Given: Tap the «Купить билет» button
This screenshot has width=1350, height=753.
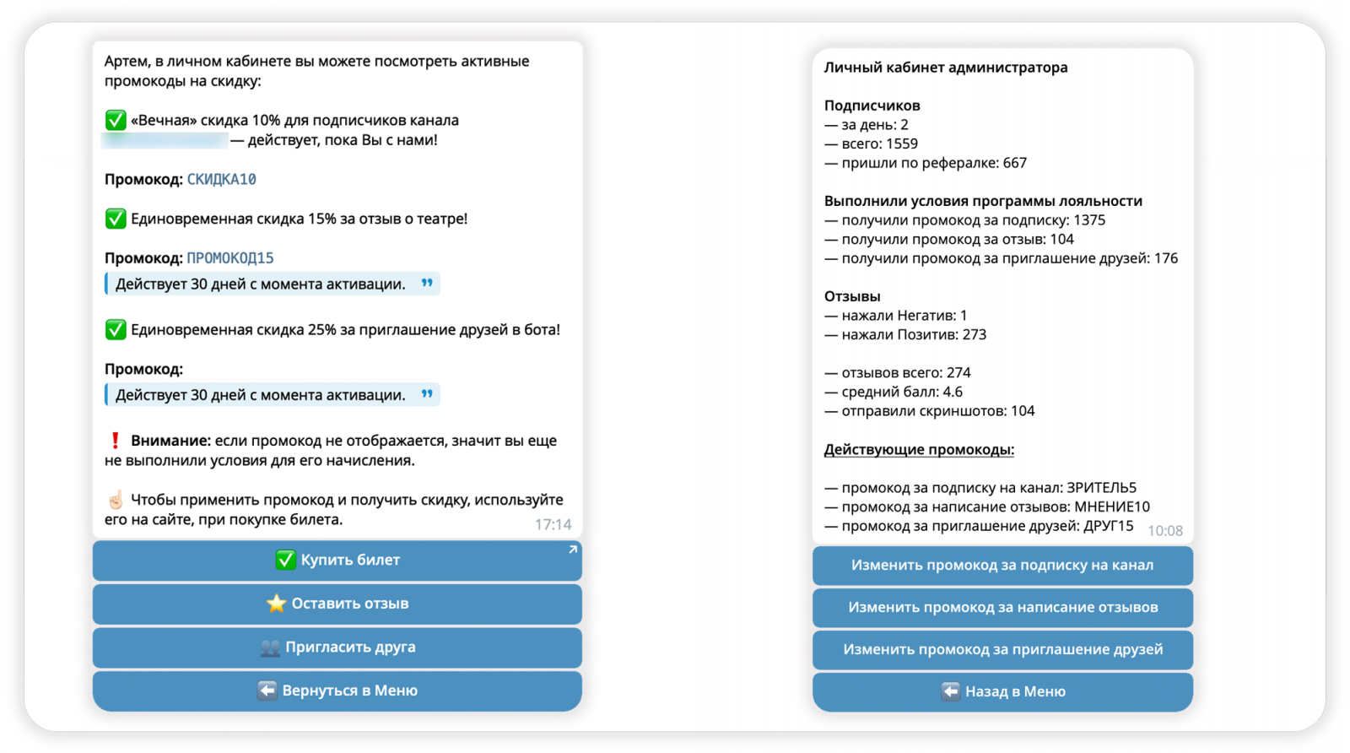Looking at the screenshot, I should click(x=337, y=561).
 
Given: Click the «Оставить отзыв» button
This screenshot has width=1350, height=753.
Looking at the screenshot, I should click(x=337, y=604).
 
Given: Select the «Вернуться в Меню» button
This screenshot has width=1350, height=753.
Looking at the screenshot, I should click(x=337, y=691).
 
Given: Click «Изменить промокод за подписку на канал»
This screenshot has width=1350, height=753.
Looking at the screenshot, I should click(x=1002, y=566).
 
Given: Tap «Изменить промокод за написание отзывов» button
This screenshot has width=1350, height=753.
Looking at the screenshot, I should click(x=1002, y=608).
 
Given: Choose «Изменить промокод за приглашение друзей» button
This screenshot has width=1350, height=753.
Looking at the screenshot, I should click(x=1002, y=650).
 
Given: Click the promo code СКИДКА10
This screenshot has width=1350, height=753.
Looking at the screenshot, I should click(x=221, y=180).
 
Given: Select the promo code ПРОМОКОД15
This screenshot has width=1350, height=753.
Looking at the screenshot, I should click(x=229, y=258).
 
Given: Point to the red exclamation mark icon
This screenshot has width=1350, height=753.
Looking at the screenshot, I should click(x=116, y=441).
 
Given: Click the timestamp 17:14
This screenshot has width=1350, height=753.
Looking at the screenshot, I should click(x=553, y=525).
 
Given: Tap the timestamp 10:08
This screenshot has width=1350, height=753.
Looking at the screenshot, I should click(x=1164, y=531).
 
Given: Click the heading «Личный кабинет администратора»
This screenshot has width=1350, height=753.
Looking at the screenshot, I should click(x=945, y=68).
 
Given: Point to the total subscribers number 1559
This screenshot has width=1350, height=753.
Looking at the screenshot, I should click(x=901, y=144).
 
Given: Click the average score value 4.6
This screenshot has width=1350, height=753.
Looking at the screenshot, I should click(x=952, y=393).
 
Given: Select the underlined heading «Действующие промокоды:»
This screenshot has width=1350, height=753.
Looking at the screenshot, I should click(x=919, y=450).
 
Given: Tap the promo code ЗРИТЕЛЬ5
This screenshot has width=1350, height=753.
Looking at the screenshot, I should click(x=1101, y=488).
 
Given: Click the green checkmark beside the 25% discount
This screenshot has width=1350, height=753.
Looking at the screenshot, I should click(x=116, y=330).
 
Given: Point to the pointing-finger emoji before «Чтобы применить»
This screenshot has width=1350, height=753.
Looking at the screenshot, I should click(x=116, y=500).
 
